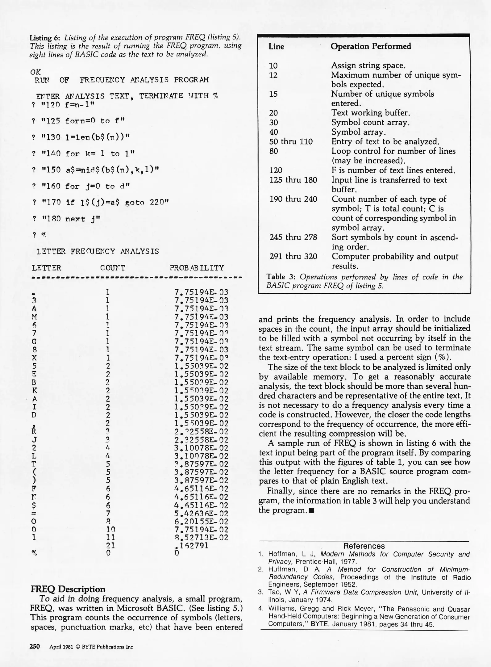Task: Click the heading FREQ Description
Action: point(68,589)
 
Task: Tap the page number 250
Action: point(35,647)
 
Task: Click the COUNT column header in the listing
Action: point(113,268)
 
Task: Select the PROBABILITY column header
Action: point(197,268)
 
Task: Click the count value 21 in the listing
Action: point(110,546)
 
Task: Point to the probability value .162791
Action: point(191,546)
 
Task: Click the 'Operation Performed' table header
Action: point(371,46)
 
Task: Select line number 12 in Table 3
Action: point(273,75)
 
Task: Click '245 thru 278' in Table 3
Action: point(293,237)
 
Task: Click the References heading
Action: point(364,546)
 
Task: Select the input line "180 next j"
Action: point(71,219)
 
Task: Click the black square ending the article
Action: point(311,510)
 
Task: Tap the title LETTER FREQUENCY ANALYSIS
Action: point(98,251)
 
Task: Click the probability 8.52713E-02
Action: point(201,537)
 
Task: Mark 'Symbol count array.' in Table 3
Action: point(370,123)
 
